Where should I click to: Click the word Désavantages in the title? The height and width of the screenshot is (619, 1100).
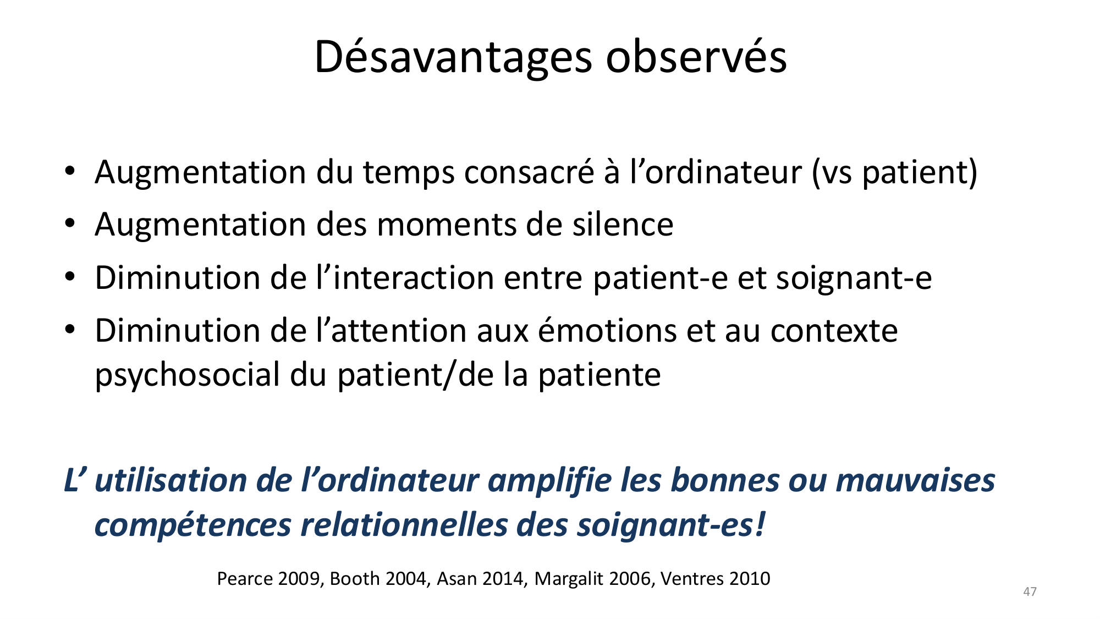pos(453,57)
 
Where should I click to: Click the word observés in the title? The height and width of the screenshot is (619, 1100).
pos(696,56)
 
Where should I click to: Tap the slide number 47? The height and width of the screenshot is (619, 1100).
pos(1030,591)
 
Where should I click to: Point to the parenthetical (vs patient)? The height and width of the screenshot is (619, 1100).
pos(895,173)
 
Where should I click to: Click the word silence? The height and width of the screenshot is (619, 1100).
pos(623,224)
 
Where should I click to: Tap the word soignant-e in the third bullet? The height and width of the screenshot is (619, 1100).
pos(854,278)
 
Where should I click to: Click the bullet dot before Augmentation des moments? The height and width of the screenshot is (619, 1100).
pos(69,224)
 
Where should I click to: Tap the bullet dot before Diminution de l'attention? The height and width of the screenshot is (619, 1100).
pos(69,330)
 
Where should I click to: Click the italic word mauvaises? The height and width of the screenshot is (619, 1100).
pos(916,480)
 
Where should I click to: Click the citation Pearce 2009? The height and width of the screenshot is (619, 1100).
pos(269,579)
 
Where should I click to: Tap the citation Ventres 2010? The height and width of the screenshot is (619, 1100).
pos(716,579)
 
